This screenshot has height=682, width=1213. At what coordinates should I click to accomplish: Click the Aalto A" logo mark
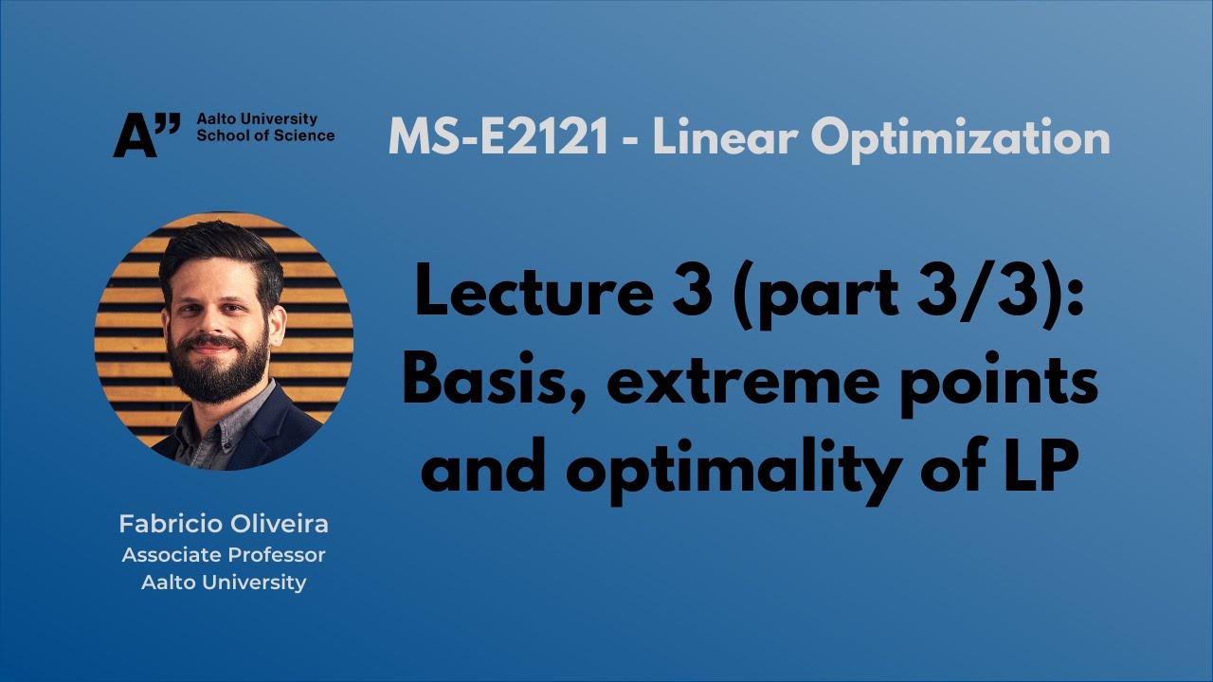point(146,135)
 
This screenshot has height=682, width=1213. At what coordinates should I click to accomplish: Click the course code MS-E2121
point(498,138)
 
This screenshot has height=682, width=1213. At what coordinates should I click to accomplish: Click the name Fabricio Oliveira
point(224,524)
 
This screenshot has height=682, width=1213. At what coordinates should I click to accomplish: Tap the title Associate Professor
point(224,554)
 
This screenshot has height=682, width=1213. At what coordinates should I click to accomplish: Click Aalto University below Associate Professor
point(224,582)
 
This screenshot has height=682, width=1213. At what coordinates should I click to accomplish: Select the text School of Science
point(264,135)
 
